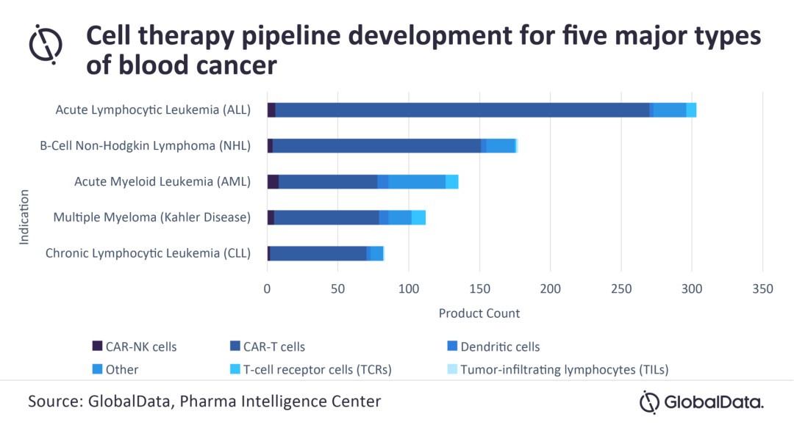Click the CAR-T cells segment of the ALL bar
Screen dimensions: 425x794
pyautogui.click(x=462, y=110)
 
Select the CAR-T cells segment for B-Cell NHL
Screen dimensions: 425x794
pyautogui.click(x=376, y=145)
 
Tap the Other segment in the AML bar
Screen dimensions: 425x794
pyautogui.click(x=417, y=181)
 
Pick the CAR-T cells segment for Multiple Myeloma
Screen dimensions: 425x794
pyautogui.click(x=326, y=217)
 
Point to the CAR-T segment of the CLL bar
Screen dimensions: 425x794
pyautogui.click(x=318, y=253)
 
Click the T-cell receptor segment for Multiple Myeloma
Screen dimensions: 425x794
pyautogui.click(x=418, y=217)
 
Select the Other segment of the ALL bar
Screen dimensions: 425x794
pyautogui.click(x=670, y=110)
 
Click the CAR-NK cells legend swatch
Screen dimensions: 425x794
pyautogui.click(x=97, y=346)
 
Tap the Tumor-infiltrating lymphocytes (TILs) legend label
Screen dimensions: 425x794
pyautogui.click(x=564, y=369)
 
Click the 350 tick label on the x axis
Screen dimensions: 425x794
pyautogui.click(x=762, y=289)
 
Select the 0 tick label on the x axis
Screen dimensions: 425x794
pyautogui.click(x=267, y=289)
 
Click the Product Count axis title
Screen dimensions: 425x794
pyautogui.click(x=479, y=313)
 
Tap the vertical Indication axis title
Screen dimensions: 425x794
pyautogui.click(x=24, y=217)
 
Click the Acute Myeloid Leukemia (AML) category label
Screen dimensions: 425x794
pyautogui.click(x=162, y=181)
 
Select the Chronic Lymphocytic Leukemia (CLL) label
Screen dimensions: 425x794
pyautogui.click(x=148, y=253)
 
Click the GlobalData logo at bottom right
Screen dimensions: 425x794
pyautogui.click(x=701, y=402)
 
